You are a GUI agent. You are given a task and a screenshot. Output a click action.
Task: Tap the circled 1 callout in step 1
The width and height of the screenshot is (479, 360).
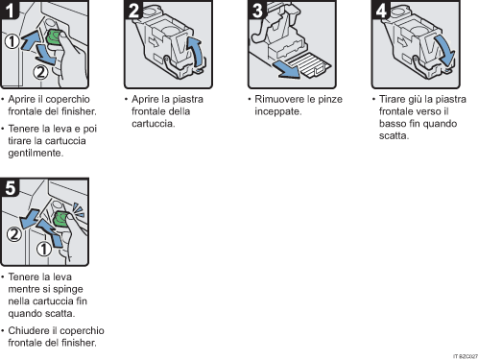click(12, 42)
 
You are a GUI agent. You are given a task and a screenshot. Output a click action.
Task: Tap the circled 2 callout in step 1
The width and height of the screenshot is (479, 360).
click(40, 70)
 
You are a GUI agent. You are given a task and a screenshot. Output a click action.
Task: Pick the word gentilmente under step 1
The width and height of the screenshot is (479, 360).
click(35, 153)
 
